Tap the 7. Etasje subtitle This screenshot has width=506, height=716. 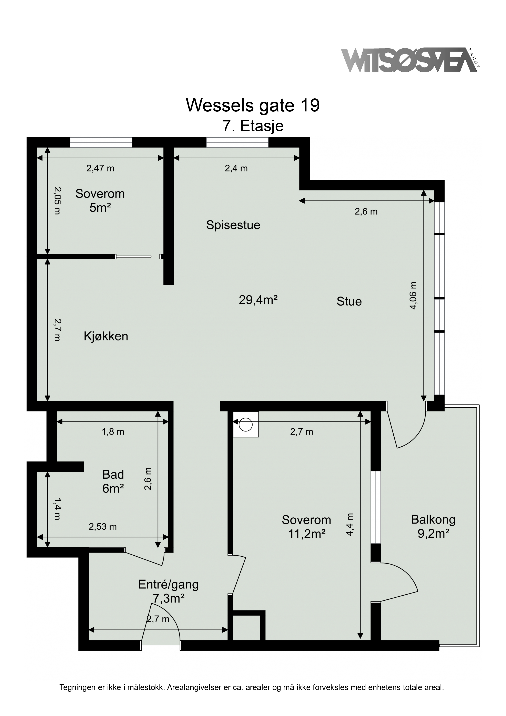click(x=253, y=126)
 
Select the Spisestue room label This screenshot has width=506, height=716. click(x=233, y=225)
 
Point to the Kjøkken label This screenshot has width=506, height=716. click(x=106, y=336)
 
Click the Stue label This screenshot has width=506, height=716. click(x=349, y=301)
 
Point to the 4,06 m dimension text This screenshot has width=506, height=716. click(x=413, y=295)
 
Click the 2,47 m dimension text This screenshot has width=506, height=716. click(x=100, y=168)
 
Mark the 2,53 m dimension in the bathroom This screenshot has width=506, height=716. click(x=103, y=527)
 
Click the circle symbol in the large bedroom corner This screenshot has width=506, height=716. click(x=246, y=424)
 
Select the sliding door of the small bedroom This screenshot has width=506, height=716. click(x=133, y=257)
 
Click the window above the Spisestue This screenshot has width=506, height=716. click(x=237, y=142)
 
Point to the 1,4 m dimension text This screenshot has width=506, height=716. click(x=57, y=509)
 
